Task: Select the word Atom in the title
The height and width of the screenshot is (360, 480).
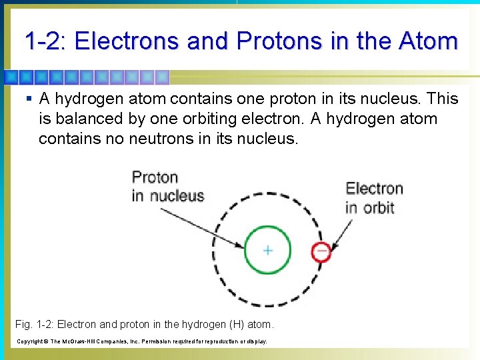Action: pos(428,41)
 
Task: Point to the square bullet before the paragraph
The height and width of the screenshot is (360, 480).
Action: pos(27,99)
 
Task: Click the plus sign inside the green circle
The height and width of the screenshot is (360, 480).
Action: pos(267,251)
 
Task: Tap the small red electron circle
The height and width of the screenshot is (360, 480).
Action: pos(321,251)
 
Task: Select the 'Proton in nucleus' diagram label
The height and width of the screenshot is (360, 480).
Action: pos(167,186)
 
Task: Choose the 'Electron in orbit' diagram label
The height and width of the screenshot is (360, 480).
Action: pos(373,197)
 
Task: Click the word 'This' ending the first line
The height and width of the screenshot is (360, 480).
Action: pos(442,99)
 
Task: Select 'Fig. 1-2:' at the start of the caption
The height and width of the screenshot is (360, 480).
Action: pos(34,325)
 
